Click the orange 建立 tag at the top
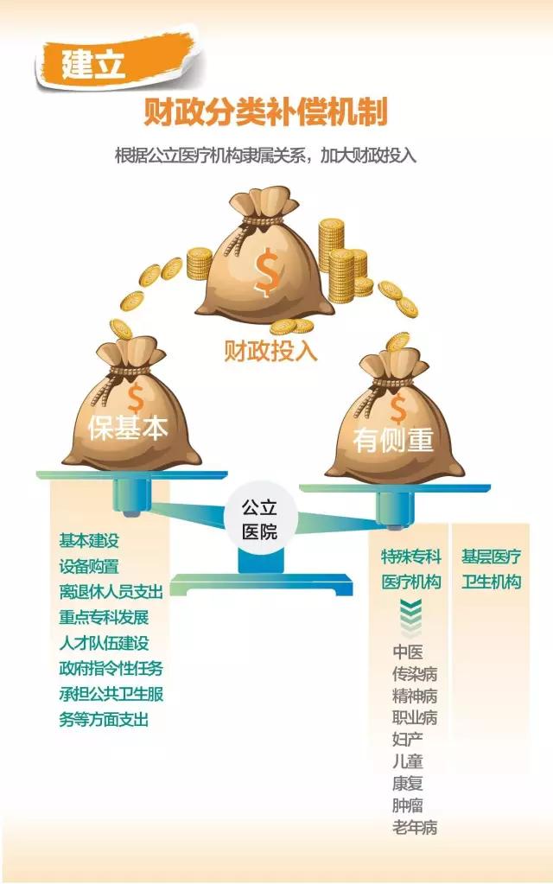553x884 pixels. pos(94,63)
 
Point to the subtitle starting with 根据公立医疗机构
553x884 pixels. pos(265,156)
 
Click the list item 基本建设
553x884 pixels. pos(89,541)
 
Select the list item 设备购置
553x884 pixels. pos(89,566)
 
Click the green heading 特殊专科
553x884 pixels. pos(411,556)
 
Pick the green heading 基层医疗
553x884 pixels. pos(491,556)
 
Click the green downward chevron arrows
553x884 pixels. pos(410,616)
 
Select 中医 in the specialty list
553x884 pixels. pos(407,652)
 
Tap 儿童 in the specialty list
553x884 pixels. pos(407,762)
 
